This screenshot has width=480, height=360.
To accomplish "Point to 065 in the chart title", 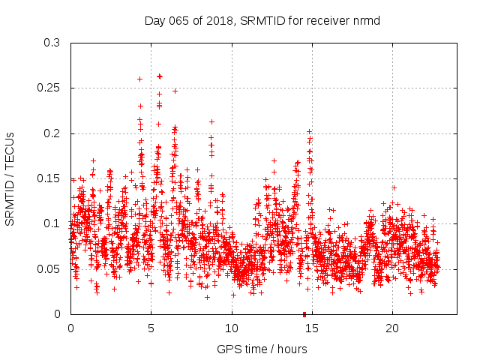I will click(179, 20).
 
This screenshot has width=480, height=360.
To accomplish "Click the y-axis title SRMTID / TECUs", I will click(10, 178).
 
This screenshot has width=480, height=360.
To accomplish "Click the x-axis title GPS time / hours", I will click(262, 349).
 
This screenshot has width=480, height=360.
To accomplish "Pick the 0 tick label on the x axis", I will click(70, 328).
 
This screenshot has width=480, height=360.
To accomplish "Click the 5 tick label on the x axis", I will click(151, 328).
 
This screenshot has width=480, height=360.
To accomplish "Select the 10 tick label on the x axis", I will click(232, 328).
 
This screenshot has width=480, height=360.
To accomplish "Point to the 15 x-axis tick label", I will click(312, 328).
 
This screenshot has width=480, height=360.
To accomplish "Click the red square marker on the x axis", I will click(304, 313).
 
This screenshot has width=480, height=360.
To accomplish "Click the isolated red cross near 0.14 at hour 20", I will click(394, 187).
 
